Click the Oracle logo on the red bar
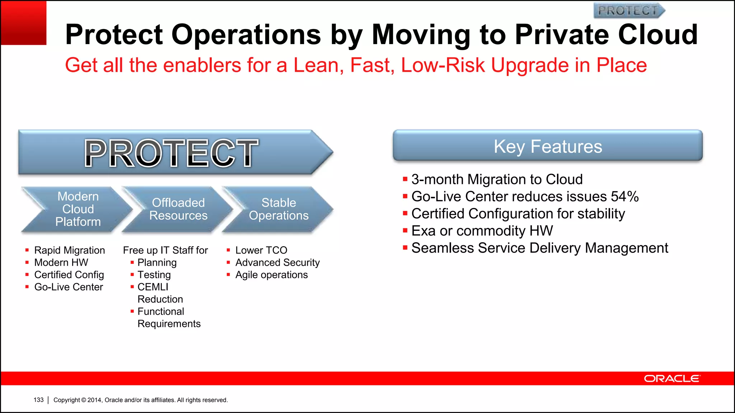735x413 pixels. [x=671, y=379]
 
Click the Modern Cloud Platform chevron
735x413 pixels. [x=77, y=209]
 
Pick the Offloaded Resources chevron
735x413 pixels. [x=178, y=209]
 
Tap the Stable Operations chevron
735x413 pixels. [x=278, y=209]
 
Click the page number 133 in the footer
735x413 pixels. [x=38, y=400]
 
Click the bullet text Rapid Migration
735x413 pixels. [x=70, y=250]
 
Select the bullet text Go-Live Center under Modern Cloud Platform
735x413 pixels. [x=69, y=287]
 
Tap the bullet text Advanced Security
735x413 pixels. [x=277, y=262]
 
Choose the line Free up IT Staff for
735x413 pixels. [x=165, y=250]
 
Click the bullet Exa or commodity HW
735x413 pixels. [x=482, y=231]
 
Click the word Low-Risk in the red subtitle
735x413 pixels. [x=443, y=66]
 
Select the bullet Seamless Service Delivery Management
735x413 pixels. [x=539, y=248]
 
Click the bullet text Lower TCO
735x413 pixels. [x=261, y=250]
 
